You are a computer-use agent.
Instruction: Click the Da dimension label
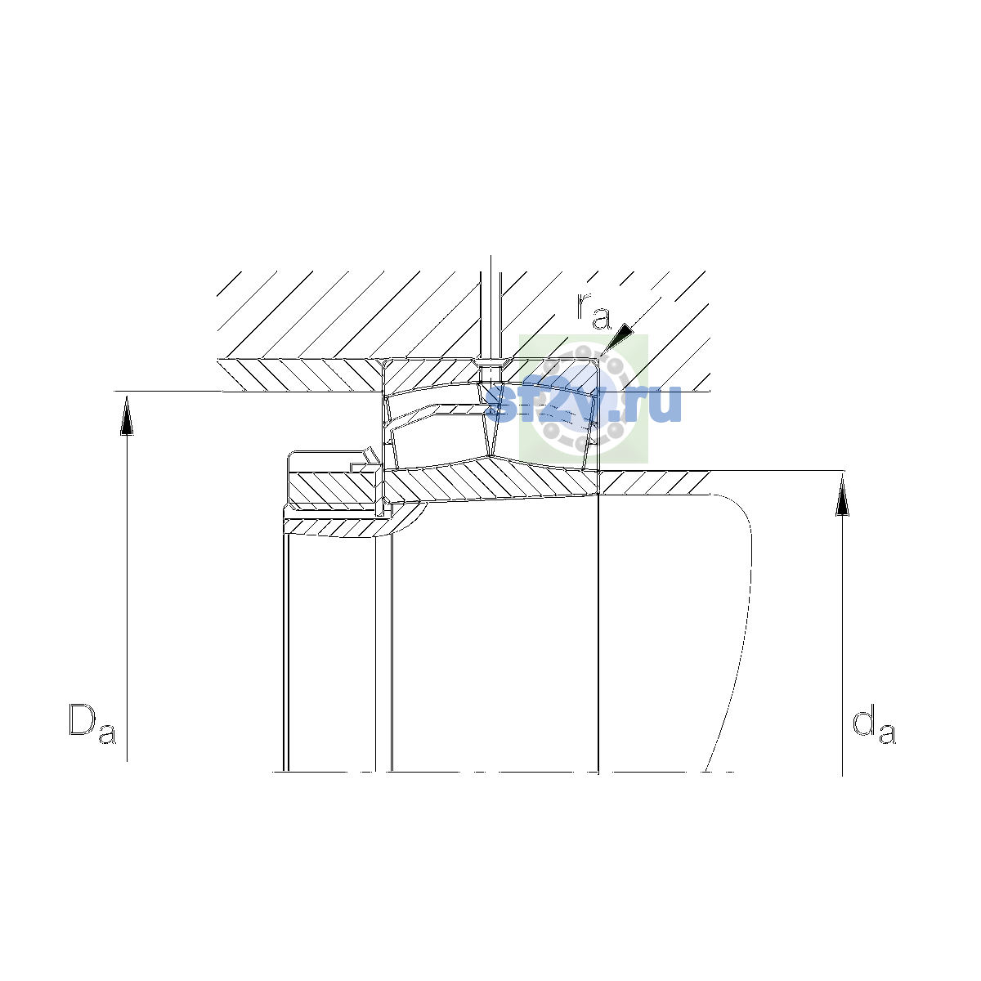[92, 725]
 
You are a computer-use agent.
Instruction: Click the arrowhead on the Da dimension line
[127, 415]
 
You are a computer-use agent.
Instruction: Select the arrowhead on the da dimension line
[843, 495]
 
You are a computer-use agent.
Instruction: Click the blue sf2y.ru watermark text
[584, 404]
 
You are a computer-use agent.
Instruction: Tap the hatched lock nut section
[334, 488]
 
